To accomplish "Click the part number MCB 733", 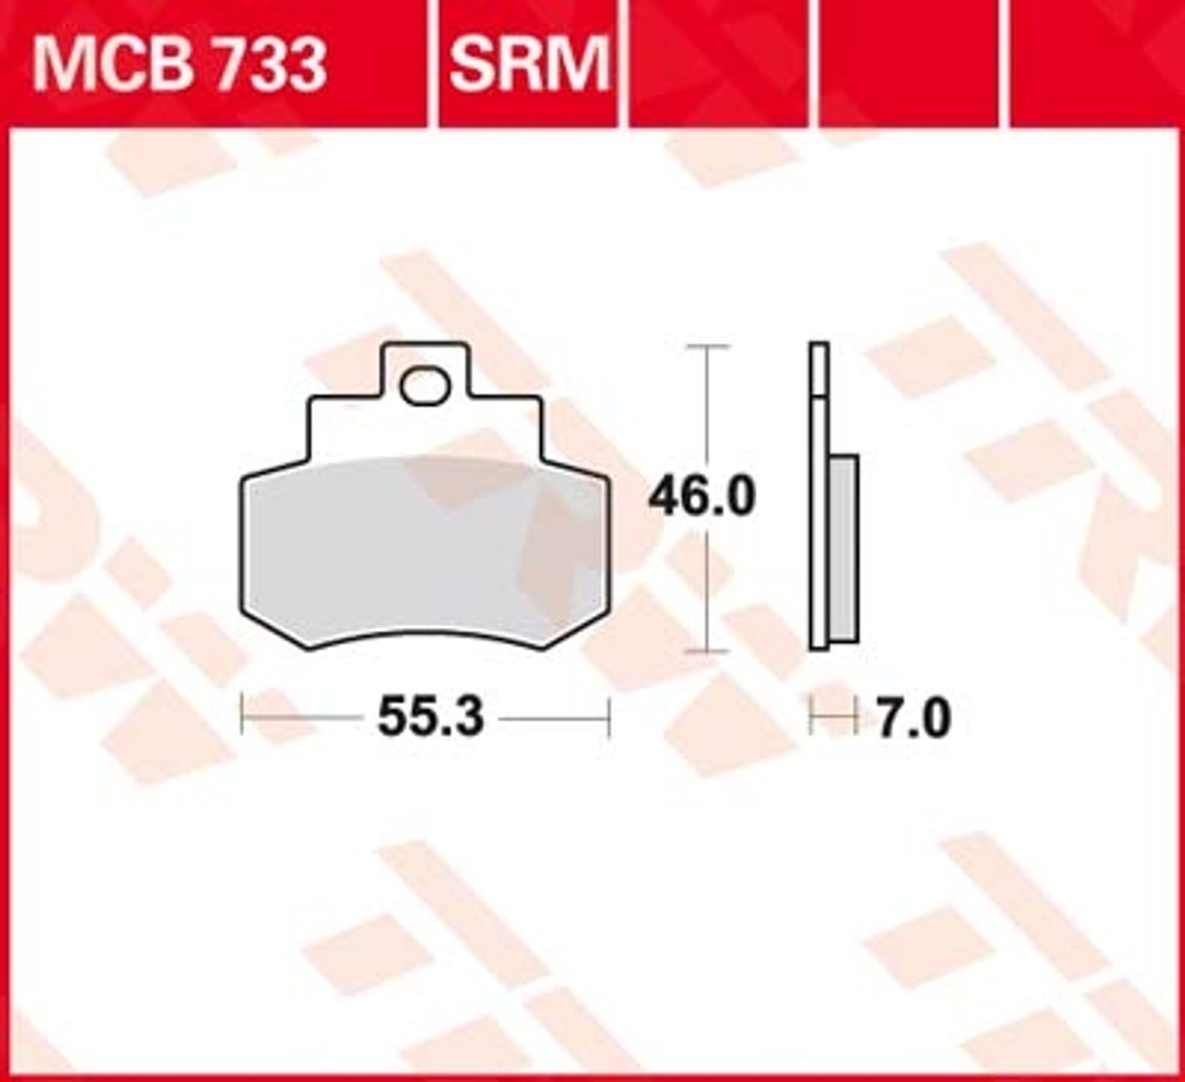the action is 178,64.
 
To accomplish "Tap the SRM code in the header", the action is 529,64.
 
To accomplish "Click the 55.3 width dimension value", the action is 430,717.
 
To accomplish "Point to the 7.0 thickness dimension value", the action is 913,719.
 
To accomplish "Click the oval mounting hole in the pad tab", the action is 424,387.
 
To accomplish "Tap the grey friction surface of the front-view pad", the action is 424,548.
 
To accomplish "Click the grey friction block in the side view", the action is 844,548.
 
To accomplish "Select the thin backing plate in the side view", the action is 819,497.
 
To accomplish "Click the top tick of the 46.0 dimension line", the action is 709,346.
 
